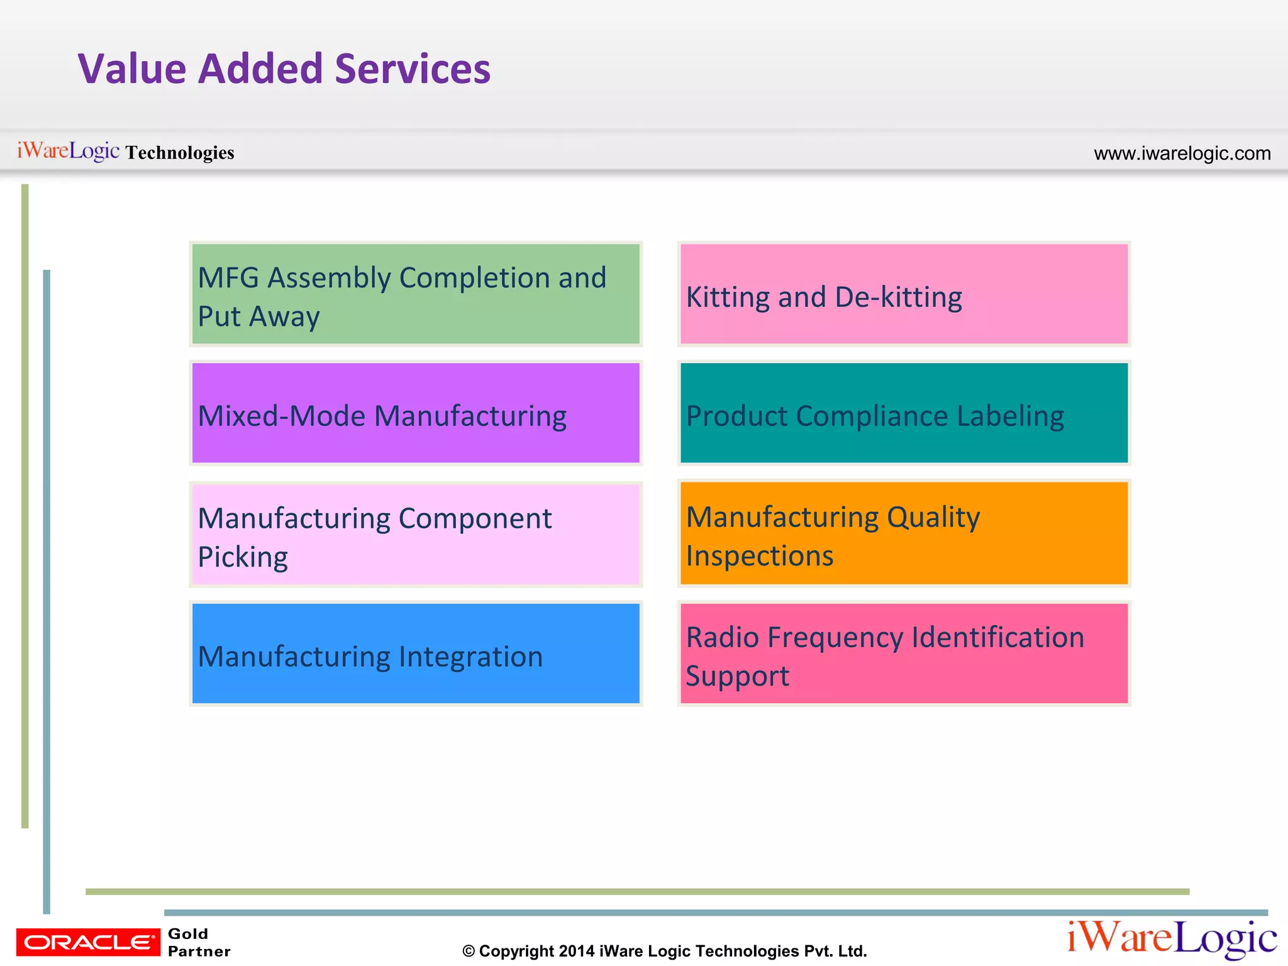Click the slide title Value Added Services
pyautogui.click(x=284, y=69)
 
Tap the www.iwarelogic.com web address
pyautogui.click(x=1182, y=153)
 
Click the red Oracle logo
pyautogui.click(x=88, y=942)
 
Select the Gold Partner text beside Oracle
pyautogui.click(x=198, y=942)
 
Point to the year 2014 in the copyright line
pyautogui.click(x=576, y=951)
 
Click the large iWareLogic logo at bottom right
pyautogui.click(x=1172, y=938)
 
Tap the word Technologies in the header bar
pyautogui.click(x=180, y=152)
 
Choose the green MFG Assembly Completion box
pyautogui.click(x=415, y=294)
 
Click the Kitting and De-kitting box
pyautogui.click(x=904, y=294)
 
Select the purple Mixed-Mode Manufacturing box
pyautogui.click(x=415, y=413)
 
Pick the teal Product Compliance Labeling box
pyautogui.click(x=904, y=413)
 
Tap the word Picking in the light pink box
pyautogui.click(x=243, y=557)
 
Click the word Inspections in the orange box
pyautogui.click(x=759, y=556)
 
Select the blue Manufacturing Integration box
pyautogui.click(x=415, y=654)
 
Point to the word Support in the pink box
pyautogui.click(x=737, y=677)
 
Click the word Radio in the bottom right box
pyautogui.click(x=723, y=637)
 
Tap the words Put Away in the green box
pyautogui.click(x=258, y=316)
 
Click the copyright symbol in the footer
pyautogui.click(x=469, y=952)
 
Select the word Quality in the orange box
pyautogui.click(x=933, y=518)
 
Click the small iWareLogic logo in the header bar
pyautogui.click(x=68, y=151)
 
